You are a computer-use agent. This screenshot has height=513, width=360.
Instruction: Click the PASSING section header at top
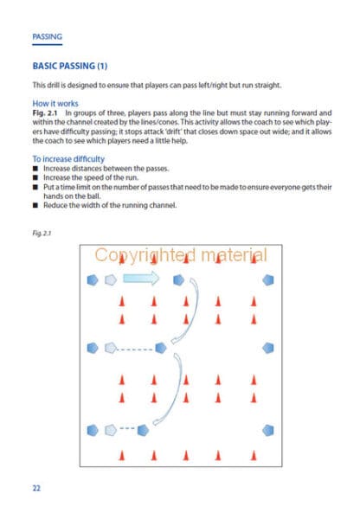click(x=47, y=36)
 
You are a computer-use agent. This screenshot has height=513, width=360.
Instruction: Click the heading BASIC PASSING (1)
click(x=70, y=66)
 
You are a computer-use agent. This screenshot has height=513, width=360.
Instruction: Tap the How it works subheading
click(x=55, y=104)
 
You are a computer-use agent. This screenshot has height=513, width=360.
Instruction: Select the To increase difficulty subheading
click(x=68, y=159)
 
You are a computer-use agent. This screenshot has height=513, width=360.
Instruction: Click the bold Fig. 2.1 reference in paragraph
click(x=45, y=113)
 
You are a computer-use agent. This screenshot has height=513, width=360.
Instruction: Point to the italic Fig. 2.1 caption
click(x=42, y=233)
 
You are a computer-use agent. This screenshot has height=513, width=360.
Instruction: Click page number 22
click(x=36, y=488)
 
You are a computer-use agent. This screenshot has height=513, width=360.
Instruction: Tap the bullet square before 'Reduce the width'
click(x=35, y=206)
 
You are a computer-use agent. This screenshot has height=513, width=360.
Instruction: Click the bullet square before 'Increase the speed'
click(x=35, y=177)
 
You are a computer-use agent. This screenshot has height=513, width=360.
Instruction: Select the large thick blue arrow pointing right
click(x=141, y=279)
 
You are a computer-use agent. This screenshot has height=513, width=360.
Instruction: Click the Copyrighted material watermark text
click(x=181, y=255)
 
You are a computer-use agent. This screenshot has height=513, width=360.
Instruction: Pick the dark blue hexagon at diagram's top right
click(x=268, y=280)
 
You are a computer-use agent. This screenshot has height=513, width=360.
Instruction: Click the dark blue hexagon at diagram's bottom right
click(x=268, y=430)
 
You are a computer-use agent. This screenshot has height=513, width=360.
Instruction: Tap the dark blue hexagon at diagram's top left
click(x=93, y=280)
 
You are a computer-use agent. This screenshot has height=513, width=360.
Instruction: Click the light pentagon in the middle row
click(x=111, y=348)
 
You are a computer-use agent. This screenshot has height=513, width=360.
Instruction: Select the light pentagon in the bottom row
click(x=111, y=430)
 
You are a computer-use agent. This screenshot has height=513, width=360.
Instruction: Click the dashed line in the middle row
click(x=135, y=349)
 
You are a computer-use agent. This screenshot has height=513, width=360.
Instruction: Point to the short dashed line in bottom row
click(x=127, y=428)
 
